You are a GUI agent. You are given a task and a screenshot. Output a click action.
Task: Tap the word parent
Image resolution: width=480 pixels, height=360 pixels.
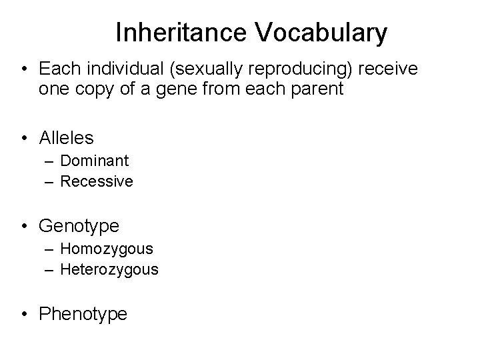click(317, 89)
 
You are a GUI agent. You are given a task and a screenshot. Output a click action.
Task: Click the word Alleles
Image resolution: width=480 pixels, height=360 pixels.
click(67, 137)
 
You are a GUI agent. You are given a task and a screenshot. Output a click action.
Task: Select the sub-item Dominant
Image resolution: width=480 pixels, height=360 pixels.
click(95, 161)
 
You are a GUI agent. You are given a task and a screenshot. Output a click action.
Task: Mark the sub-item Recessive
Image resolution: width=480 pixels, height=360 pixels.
click(97, 181)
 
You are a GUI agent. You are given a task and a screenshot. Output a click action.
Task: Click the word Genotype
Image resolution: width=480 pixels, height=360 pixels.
click(79, 226)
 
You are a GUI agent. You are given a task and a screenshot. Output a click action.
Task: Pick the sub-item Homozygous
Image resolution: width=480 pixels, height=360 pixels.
click(107, 249)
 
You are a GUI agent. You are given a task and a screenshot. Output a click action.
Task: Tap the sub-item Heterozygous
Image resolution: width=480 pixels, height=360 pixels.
click(109, 269)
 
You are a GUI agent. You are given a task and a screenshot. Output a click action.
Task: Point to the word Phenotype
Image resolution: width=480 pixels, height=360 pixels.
click(83, 314)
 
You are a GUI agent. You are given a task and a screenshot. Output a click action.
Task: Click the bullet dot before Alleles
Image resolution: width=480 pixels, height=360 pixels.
click(23, 138)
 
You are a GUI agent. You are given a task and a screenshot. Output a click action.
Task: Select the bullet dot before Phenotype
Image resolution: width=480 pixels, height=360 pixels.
click(23, 315)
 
